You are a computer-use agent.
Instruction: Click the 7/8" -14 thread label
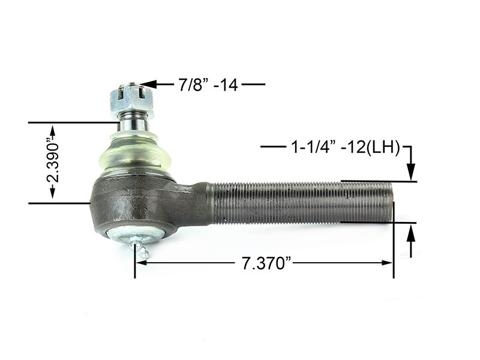click(208, 85)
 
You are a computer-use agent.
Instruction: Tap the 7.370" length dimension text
click(263, 263)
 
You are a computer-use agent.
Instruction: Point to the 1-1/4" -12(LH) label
click(345, 146)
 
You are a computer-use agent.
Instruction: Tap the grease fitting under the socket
click(142, 251)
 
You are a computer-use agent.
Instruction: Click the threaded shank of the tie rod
click(300, 202)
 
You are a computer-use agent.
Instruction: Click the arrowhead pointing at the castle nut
click(149, 85)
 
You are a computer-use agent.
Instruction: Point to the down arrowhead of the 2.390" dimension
click(53, 193)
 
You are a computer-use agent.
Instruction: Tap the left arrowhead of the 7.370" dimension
click(140, 262)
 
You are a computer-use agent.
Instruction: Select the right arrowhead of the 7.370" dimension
click(389, 262)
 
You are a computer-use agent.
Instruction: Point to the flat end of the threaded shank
click(392, 202)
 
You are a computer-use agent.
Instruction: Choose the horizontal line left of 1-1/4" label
click(273, 146)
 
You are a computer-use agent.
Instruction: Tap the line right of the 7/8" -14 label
click(253, 85)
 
